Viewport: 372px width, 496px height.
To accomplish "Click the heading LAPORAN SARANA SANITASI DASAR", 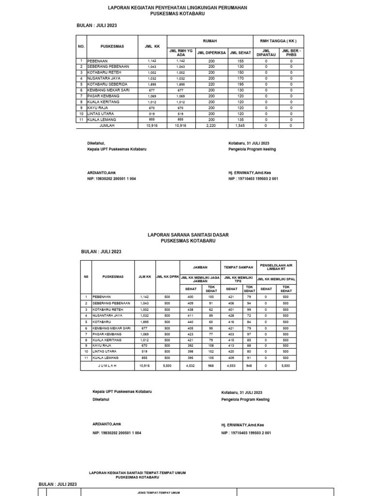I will pyautogui.click(x=188, y=235).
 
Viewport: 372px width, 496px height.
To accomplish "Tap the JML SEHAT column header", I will pyautogui.click(x=240, y=53).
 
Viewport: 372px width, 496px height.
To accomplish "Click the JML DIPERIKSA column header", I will pyautogui.click(x=211, y=53).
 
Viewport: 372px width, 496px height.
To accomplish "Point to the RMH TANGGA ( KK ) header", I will pyautogui.click(x=278, y=41).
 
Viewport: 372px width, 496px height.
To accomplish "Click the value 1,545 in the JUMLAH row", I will pyautogui.click(x=240, y=125).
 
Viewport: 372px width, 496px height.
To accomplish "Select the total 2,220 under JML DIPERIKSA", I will pyautogui.click(x=211, y=125).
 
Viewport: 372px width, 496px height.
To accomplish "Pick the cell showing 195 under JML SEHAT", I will pyautogui.click(x=240, y=84).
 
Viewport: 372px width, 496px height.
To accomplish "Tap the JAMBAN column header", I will pyautogui.click(x=200, y=267).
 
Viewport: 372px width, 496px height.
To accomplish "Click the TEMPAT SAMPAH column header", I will pyautogui.click(x=238, y=267).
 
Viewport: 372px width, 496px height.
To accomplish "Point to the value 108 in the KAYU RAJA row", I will pyautogui.click(x=211, y=346).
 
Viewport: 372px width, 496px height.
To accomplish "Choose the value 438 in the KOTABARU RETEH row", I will pyautogui.click(x=190, y=310).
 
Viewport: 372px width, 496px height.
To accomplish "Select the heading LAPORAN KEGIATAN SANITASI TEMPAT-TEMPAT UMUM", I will pyautogui.click(x=138, y=472).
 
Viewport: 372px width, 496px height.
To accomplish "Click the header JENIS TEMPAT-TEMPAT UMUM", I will pyautogui.click(x=155, y=492).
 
